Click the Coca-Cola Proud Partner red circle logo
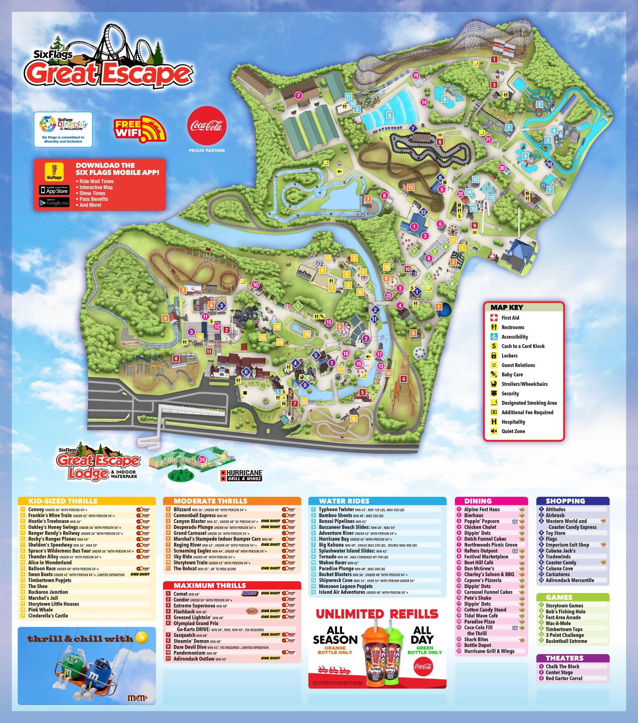(207, 127)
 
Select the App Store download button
(54, 190)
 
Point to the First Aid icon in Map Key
(495, 318)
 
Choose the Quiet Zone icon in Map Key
(494, 431)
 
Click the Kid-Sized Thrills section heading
(62, 501)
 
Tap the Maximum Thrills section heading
(204, 585)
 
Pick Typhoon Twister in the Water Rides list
(336, 509)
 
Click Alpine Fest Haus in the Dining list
(481, 509)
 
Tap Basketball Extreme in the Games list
(566, 641)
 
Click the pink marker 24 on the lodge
(202, 460)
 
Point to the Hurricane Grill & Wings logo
(241, 475)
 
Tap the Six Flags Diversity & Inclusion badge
(63, 130)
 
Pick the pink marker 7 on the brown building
(298, 95)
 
